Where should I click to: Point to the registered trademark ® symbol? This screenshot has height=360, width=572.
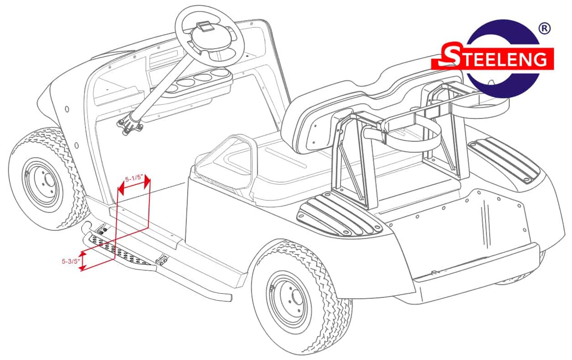(x=544, y=28)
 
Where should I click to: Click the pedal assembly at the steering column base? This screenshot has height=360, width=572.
(x=130, y=125)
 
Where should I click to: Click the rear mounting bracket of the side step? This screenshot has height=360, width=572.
(x=162, y=260)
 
